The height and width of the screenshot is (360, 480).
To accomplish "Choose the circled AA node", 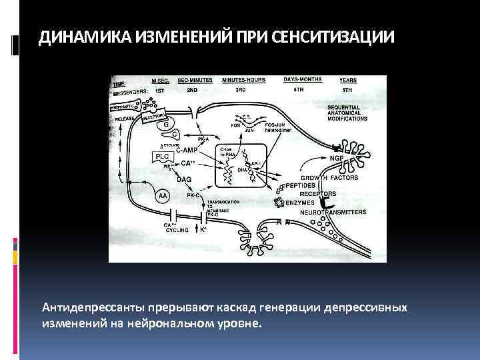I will click(163, 196).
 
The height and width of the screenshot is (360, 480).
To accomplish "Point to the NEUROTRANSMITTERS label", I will click(333, 211).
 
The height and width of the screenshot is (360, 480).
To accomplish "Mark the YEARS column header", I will click(348, 80).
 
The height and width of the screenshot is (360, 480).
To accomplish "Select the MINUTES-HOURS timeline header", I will click(243, 80).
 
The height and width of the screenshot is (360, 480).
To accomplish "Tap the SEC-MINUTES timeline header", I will click(195, 80).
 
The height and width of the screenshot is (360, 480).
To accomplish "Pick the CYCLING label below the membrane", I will click(177, 230).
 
